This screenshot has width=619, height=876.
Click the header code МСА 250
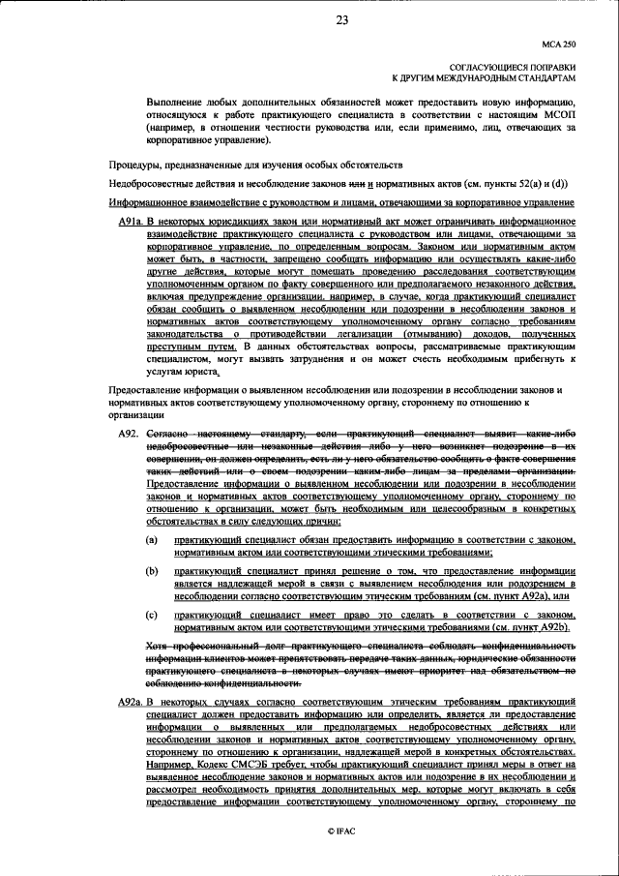point(557,45)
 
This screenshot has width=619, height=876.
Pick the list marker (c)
point(151,615)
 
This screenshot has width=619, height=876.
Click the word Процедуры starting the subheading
point(133,165)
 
